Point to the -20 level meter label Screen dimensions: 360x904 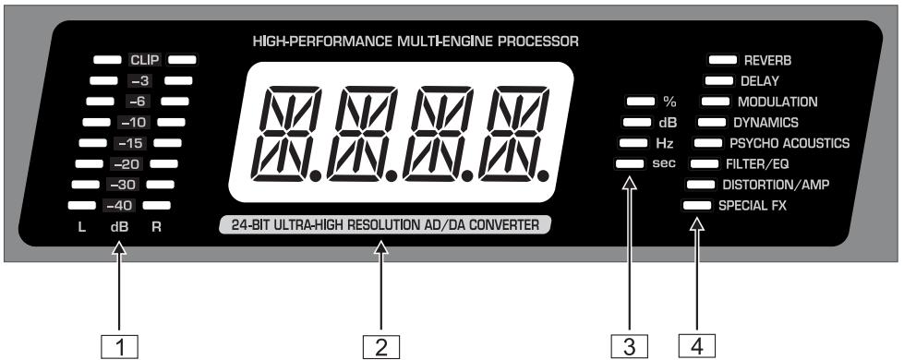pos(129,163)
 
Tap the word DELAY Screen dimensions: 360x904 pos(759,81)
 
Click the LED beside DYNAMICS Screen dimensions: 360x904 pos(711,121)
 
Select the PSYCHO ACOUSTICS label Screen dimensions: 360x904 pos(789,143)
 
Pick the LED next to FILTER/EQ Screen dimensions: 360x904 pos(704,163)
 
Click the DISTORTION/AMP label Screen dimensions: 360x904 pos(776,184)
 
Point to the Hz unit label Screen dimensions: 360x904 pos(664,143)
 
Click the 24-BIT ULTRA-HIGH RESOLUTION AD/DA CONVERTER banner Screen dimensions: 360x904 pos(383,224)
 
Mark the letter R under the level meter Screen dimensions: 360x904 pos(156,227)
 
